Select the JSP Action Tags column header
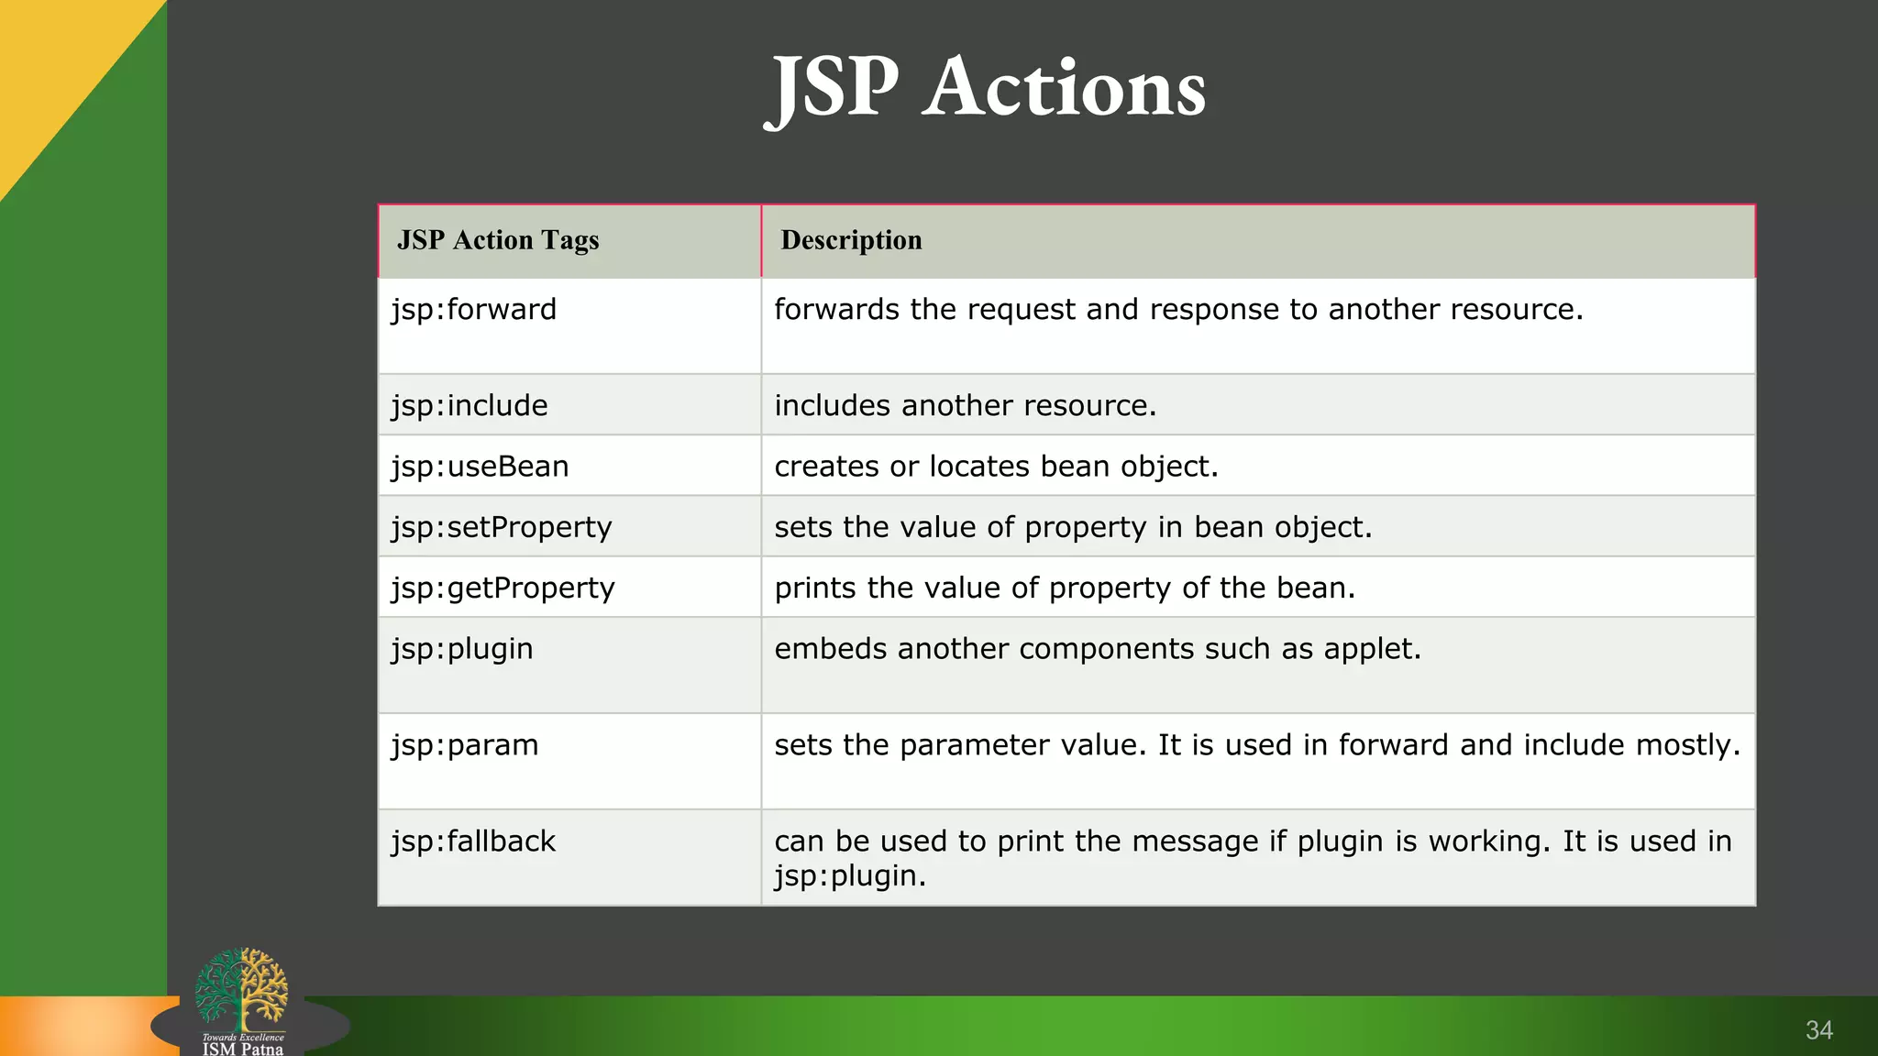click(x=498, y=240)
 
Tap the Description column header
click(x=851, y=240)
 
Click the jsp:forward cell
click(x=474, y=310)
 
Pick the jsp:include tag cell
click(x=469, y=405)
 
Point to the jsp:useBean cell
click(x=480, y=467)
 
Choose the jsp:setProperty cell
click(x=501, y=527)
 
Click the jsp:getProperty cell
click(x=503, y=588)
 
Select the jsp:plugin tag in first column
click(x=462, y=649)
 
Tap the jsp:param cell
click(x=465, y=745)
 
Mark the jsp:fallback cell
click(x=473, y=841)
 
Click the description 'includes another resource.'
click(x=965, y=405)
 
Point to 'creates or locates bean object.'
click(x=996, y=467)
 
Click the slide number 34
click(x=1818, y=1030)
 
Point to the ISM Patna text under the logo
click(x=243, y=1049)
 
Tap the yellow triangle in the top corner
click(x=55, y=64)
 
